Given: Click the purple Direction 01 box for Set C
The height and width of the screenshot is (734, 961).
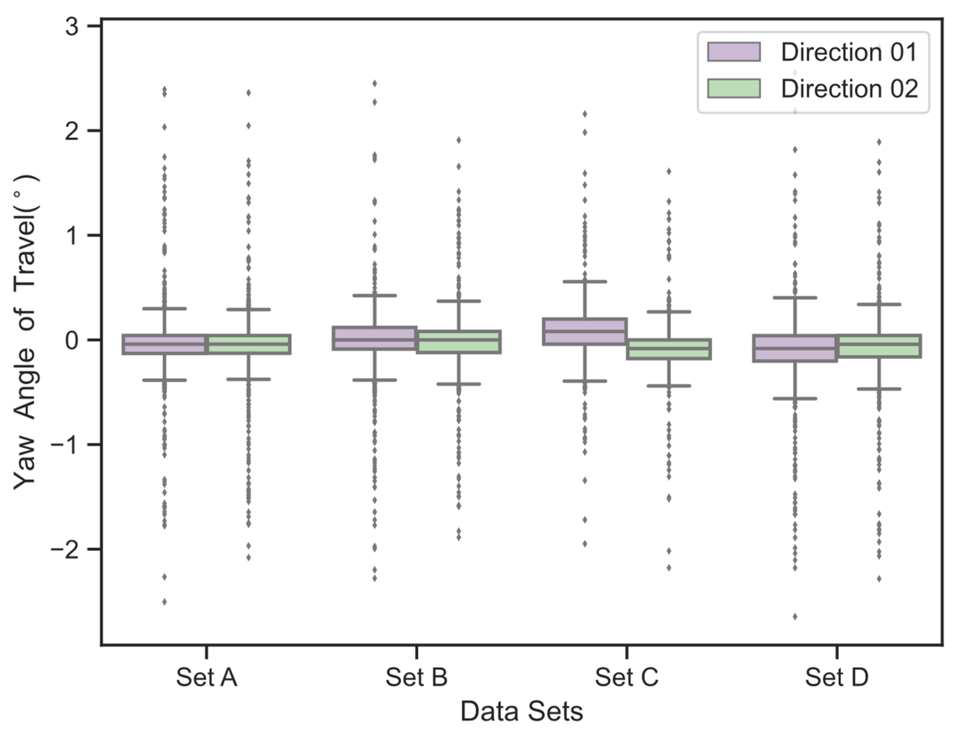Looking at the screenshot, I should point(585,331).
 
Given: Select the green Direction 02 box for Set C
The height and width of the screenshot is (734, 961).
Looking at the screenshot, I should point(669,349).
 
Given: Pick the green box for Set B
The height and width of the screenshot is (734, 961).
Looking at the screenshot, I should point(458,341).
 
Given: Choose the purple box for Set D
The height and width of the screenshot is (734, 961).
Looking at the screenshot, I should point(795,348).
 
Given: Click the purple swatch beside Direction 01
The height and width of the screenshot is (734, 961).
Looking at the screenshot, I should point(734,52).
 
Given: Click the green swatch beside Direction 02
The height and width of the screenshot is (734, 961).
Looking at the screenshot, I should point(734,88).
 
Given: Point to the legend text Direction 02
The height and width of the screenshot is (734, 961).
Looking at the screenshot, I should point(850,89).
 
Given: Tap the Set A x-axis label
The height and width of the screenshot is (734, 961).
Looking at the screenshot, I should point(206,677).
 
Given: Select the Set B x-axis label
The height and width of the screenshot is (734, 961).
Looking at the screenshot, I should point(416,677).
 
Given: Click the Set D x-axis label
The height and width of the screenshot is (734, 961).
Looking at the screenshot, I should point(836,677).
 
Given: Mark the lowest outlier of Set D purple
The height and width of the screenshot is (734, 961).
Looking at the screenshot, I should point(795,616).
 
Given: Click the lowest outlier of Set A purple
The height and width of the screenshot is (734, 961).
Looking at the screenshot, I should point(165,602).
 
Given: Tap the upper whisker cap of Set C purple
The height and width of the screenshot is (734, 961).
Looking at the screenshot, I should point(585,282).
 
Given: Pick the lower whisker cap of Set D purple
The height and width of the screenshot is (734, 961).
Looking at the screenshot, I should point(795,398).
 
